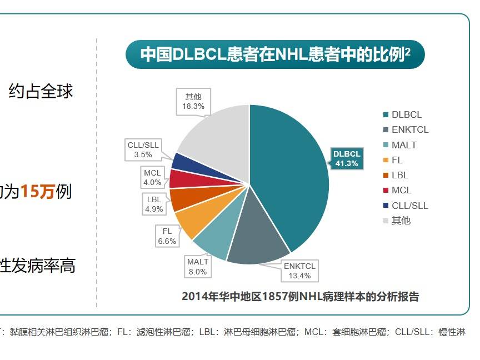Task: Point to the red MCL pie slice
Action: pyautogui.click(x=181, y=178)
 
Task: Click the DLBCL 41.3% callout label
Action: pyautogui.click(x=347, y=158)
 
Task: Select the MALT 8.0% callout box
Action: pyautogui.click(x=197, y=267)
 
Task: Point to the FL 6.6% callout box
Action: pyautogui.click(x=167, y=236)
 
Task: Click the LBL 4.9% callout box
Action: pyautogui.click(x=154, y=204)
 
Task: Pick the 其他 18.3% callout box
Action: pyautogui.click(x=193, y=101)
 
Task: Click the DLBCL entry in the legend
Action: pyautogui.click(x=402, y=115)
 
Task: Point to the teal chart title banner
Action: pyautogui.click(x=275, y=54)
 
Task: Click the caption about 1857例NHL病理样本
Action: pyautogui.click(x=300, y=296)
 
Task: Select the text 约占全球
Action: pyautogui.click(x=41, y=91)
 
